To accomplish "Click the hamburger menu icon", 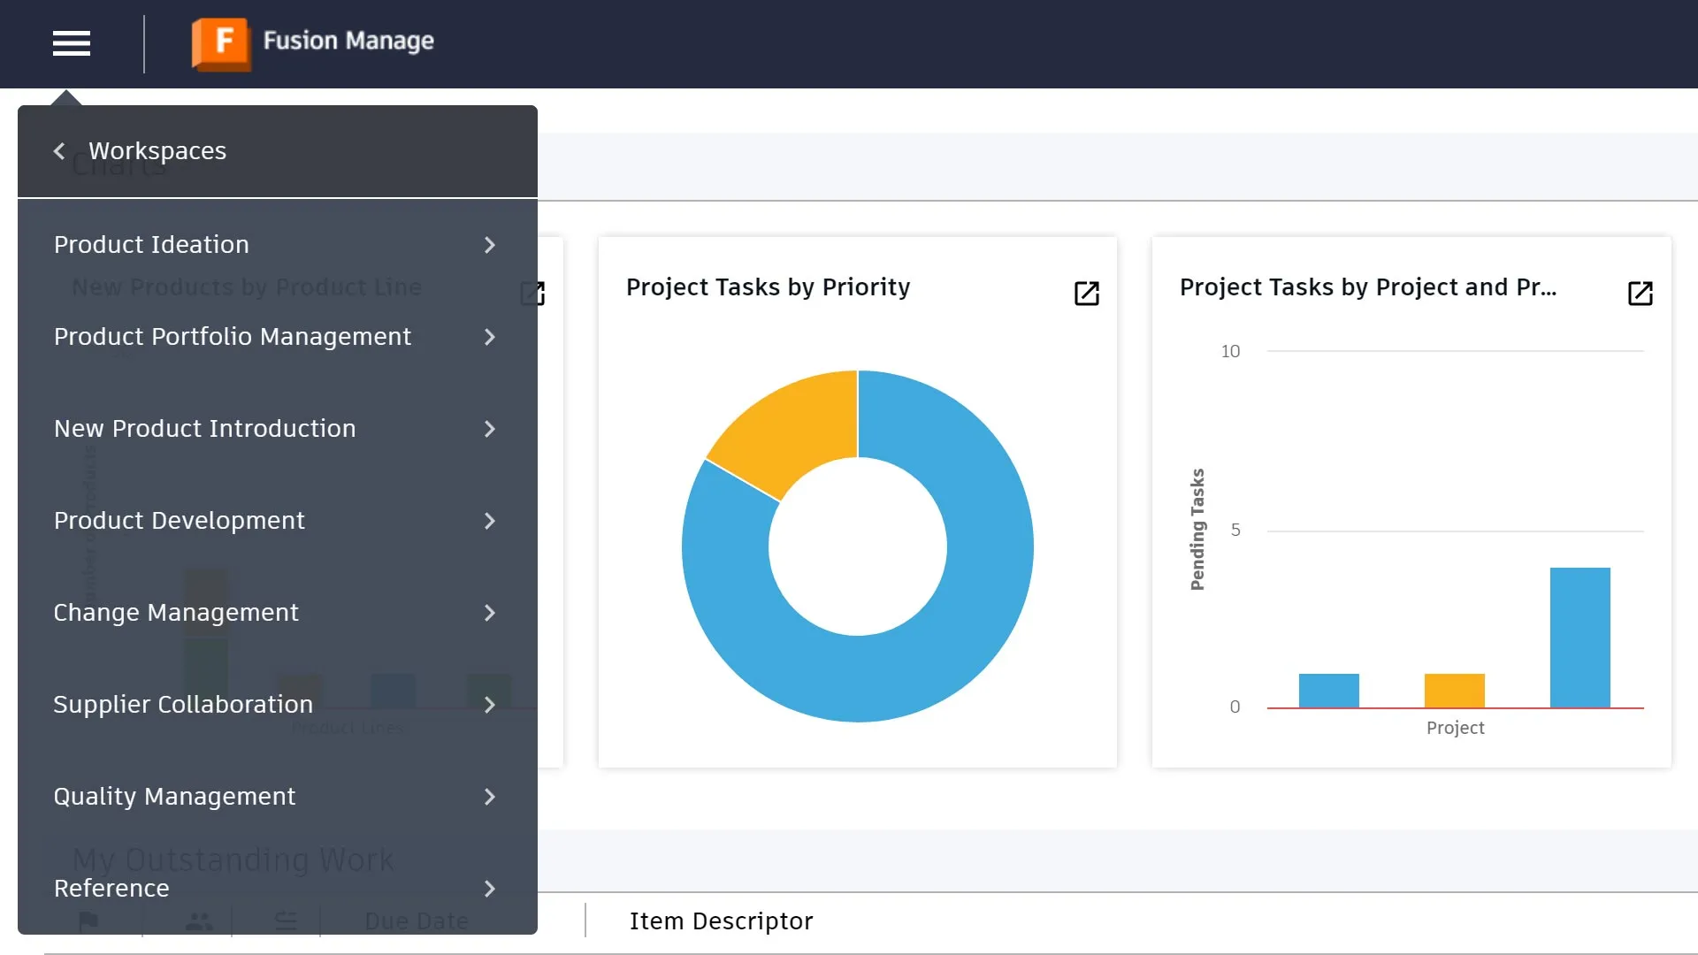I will pyautogui.click(x=72, y=43).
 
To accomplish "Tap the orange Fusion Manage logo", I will pyautogui.click(x=221, y=42).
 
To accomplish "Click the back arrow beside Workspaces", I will pyautogui.click(x=59, y=151).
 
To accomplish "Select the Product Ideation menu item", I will pyautogui.click(x=151, y=245).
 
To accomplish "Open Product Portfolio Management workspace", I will pyautogui.click(x=233, y=337).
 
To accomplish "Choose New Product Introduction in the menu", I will pyautogui.click(x=204, y=429).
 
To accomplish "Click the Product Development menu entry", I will pyautogui.click(x=180, y=521).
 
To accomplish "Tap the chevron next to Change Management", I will pyautogui.click(x=490, y=613).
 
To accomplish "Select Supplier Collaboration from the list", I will pyautogui.click(x=183, y=705).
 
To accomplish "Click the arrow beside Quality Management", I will pyautogui.click(x=490, y=797).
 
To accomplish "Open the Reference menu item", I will pyautogui.click(x=111, y=889).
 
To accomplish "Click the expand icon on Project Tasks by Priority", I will pyautogui.click(x=1086, y=294).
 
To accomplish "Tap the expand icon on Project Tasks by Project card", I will pyautogui.click(x=1640, y=294).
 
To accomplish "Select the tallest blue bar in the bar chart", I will pyautogui.click(x=1579, y=638).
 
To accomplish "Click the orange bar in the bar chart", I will pyautogui.click(x=1454, y=691).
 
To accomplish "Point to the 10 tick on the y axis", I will pyautogui.click(x=1230, y=351).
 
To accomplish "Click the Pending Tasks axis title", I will pyautogui.click(x=1197, y=529).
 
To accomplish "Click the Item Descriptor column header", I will pyautogui.click(x=721, y=921).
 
